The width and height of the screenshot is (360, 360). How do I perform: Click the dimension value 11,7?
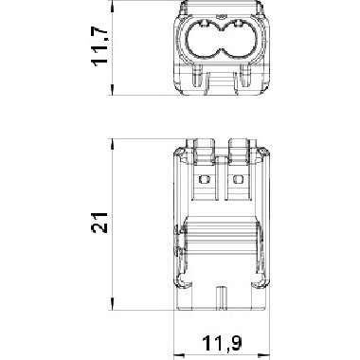tap(99, 46)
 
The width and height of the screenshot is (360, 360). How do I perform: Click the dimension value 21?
tap(99, 223)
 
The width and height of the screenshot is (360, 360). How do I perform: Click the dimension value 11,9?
tap(222, 343)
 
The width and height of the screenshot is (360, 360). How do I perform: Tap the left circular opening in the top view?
tap(204, 40)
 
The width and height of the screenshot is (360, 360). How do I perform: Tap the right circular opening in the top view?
tap(240, 40)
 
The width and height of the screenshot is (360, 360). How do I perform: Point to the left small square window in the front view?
tap(205, 179)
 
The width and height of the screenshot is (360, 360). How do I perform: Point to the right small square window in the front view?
tap(238, 179)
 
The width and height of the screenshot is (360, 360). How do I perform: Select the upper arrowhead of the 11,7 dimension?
tap(113, 6)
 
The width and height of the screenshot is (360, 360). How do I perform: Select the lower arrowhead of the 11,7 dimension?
tap(113, 90)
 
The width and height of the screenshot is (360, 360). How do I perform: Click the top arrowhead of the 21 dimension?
tap(113, 144)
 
